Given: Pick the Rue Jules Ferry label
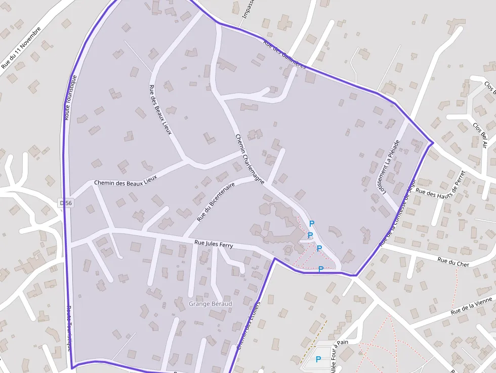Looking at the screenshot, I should [214, 245].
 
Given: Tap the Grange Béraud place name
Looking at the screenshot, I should [210, 304].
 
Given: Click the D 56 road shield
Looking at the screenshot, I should [66, 202].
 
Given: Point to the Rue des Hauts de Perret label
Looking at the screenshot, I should [445, 184].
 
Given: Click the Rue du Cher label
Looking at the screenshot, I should [453, 262].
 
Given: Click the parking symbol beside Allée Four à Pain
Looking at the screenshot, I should [318, 359].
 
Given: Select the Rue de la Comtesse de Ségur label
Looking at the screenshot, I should [397, 213].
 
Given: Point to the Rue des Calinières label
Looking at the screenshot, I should [284, 55].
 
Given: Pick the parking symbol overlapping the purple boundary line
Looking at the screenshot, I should [320, 269].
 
